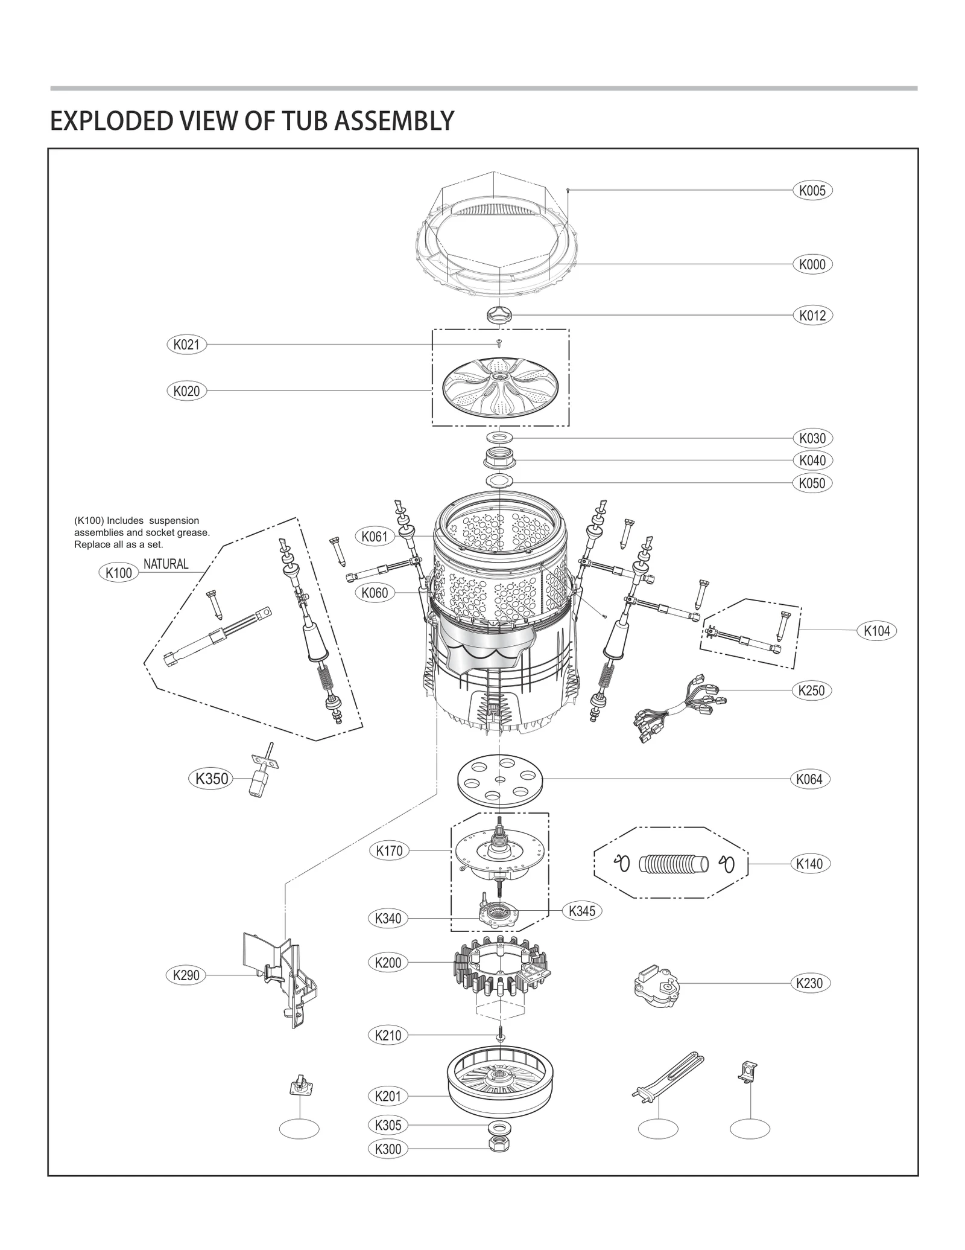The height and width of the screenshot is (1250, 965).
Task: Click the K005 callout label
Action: click(x=812, y=191)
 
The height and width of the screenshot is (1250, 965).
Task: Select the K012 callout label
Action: click(x=812, y=315)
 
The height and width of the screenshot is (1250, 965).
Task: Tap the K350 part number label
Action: click(x=212, y=779)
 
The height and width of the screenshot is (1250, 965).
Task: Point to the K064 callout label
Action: click(x=809, y=779)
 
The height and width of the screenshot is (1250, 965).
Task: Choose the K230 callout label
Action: click(x=809, y=983)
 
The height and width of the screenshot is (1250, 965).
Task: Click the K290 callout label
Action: click(x=186, y=975)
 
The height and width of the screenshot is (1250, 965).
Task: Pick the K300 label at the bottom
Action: click(x=388, y=1149)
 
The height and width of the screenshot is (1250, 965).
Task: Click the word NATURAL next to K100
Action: click(x=166, y=564)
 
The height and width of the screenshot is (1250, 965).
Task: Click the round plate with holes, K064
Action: click(x=500, y=779)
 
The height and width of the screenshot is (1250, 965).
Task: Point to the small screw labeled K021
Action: click(x=499, y=343)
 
